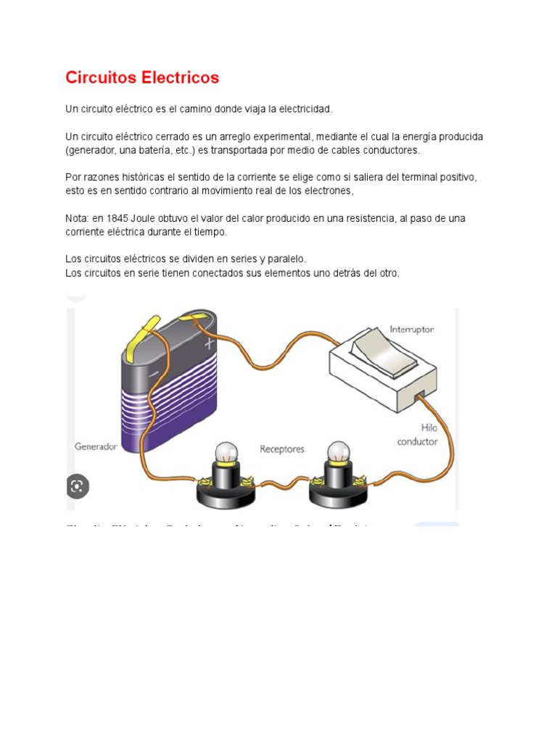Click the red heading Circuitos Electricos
coord(142,78)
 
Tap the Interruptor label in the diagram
coord(411,329)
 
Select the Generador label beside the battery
coord(96,447)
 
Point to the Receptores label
coord(282,449)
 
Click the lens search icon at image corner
coord(78,486)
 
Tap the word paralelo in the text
coord(285,259)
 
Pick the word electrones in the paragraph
coord(326,191)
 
